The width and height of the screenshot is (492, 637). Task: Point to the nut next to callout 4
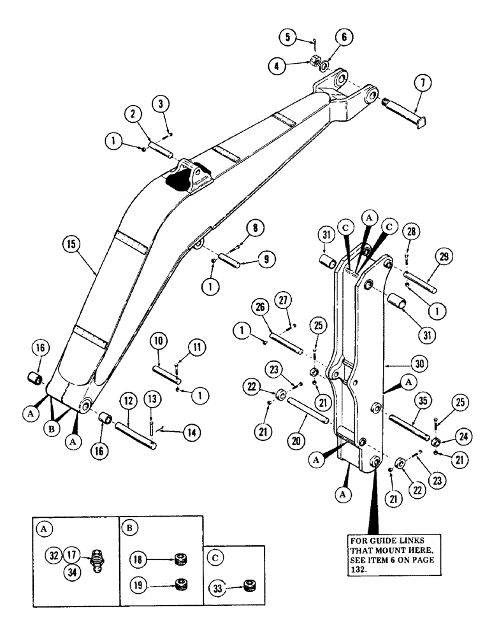tap(314, 62)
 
